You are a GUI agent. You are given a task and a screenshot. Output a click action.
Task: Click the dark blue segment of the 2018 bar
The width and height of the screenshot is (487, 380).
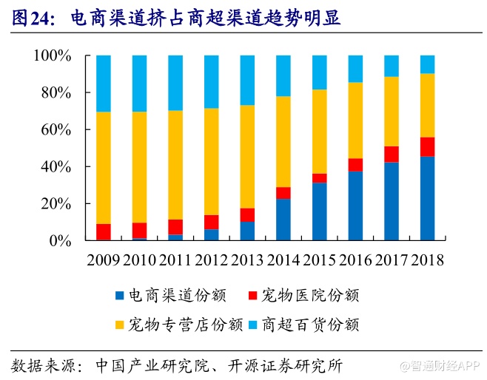click(x=427, y=198)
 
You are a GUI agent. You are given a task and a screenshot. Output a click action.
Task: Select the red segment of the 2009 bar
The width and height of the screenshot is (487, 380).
click(x=103, y=231)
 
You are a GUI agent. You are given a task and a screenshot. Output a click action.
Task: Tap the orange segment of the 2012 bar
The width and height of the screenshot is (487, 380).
click(x=211, y=162)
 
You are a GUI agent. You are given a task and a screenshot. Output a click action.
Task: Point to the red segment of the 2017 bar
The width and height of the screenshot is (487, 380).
click(x=391, y=154)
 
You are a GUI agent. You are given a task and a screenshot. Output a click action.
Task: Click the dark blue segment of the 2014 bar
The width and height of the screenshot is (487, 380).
click(x=283, y=220)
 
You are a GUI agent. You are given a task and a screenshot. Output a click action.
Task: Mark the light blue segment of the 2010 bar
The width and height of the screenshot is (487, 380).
click(x=139, y=83)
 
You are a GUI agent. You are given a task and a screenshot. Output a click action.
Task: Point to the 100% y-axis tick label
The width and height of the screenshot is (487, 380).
click(x=54, y=56)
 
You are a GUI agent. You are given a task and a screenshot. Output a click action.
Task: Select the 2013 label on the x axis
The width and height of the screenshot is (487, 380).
click(x=247, y=259)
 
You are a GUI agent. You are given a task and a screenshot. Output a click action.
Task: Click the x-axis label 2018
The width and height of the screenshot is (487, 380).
click(x=427, y=259)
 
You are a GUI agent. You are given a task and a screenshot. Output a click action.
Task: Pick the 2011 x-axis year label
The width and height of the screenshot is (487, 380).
click(x=175, y=259)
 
